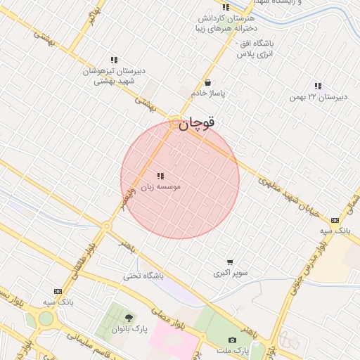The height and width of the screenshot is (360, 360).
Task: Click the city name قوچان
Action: [x=196, y=124]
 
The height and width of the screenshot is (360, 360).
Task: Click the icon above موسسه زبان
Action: [x=160, y=176]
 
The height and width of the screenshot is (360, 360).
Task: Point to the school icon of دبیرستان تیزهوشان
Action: [x=114, y=60]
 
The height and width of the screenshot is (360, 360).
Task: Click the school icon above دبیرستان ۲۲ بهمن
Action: [x=318, y=86]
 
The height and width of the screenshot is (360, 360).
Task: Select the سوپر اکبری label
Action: [x=230, y=272]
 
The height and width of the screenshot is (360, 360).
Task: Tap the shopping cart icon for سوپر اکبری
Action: [x=230, y=262]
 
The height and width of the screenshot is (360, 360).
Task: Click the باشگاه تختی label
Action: [x=143, y=276]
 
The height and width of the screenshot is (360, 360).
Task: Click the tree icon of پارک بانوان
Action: [x=128, y=319]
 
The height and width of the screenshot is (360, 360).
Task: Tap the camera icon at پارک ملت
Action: [x=233, y=340]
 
